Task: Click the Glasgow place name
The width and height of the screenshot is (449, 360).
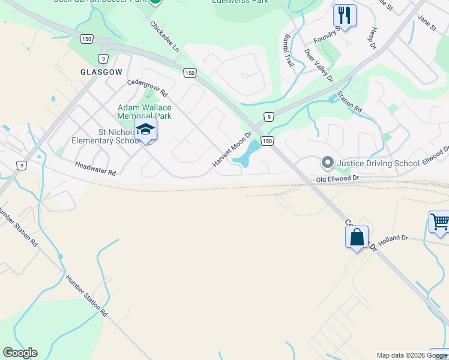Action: click(101, 72)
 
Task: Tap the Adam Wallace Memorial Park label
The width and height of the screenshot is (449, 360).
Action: click(145, 112)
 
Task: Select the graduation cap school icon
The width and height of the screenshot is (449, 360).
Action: click(145, 130)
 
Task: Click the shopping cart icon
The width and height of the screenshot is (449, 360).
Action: click(440, 222)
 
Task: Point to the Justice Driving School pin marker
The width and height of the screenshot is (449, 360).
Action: click(327, 163)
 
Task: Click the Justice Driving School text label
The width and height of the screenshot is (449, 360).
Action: click(378, 163)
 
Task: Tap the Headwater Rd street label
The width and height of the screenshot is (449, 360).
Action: click(95, 167)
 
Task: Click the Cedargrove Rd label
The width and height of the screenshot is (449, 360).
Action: click(147, 89)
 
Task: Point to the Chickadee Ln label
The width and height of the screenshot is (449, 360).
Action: click(164, 37)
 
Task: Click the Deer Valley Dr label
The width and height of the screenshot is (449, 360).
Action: click(318, 65)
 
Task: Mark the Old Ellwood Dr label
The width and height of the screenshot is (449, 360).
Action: click(337, 179)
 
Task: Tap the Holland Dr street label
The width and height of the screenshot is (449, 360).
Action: click(393, 238)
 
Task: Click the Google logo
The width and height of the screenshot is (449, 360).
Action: click(20, 353)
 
